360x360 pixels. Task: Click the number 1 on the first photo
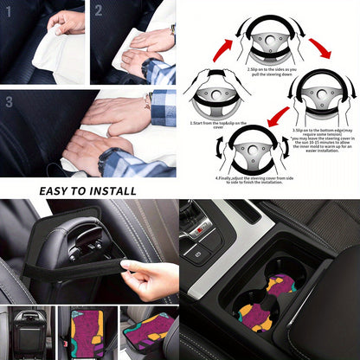click(x=10, y=10)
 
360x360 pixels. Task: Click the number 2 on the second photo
click(x=99, y=10)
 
